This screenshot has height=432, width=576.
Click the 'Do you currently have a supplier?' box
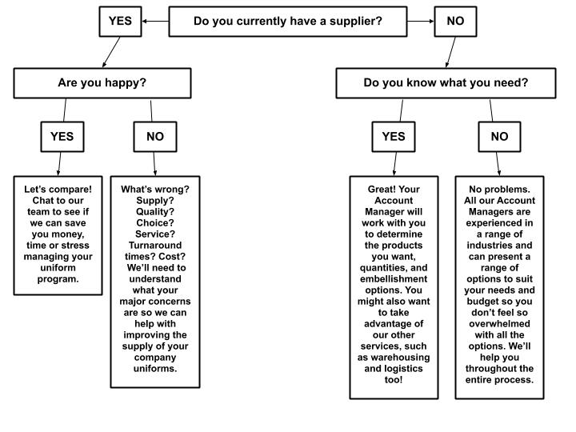point(288,21)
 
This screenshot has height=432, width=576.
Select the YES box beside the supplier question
point(120,21)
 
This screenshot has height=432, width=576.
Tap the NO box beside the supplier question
point(455,21)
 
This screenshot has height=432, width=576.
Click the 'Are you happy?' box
point(102,82)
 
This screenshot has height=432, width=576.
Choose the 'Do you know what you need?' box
point(446,82)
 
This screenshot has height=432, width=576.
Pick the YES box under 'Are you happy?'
point(62,136)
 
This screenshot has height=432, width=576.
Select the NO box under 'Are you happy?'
point(155,136)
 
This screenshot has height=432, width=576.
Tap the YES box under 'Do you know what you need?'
point(394,136)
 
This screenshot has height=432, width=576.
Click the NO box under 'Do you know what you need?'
point(499,136)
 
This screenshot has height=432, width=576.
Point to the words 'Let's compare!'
point(58,190)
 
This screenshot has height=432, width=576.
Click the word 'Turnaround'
point(154,244)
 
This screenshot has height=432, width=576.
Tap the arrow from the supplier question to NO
point(420,22)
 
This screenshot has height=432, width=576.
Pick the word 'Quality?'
point(154,211)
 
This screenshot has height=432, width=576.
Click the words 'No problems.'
point(499,190)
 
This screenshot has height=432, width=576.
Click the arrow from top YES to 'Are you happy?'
point(110,52)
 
